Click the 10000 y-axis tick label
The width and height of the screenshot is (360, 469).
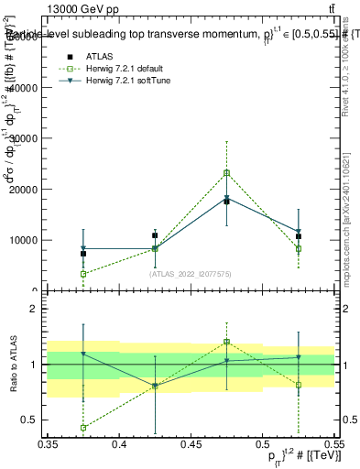[22, 240]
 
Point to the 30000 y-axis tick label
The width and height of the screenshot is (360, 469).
[22, 138]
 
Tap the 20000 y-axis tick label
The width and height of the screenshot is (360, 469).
[22, 190]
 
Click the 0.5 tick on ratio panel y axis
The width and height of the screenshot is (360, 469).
[33, 420]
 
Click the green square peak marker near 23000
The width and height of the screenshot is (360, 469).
[226, 172]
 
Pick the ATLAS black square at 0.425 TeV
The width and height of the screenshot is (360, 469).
[155, 235]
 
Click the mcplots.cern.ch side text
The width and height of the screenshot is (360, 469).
[347, 234]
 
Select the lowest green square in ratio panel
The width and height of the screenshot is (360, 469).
[83, 427]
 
